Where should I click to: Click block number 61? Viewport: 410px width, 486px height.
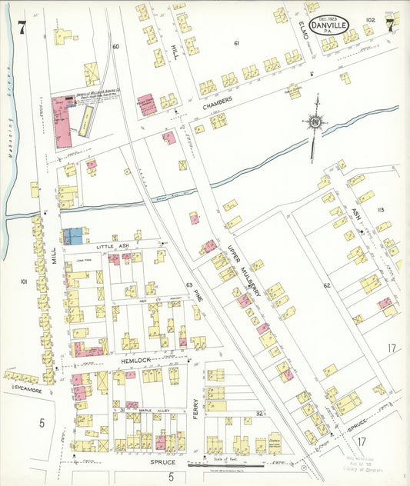coord(238,43)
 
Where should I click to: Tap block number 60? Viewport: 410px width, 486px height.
coord(116,47)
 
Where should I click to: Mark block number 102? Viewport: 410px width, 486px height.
coord(372,19)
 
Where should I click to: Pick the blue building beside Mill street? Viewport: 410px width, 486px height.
coord(73,236)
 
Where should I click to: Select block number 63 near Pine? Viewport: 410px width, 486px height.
coord(188,285)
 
